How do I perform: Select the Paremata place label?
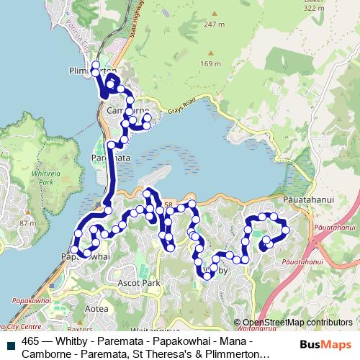110,156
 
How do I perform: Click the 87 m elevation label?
29,223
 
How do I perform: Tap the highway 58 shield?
168,206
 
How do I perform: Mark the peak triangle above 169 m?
210,54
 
